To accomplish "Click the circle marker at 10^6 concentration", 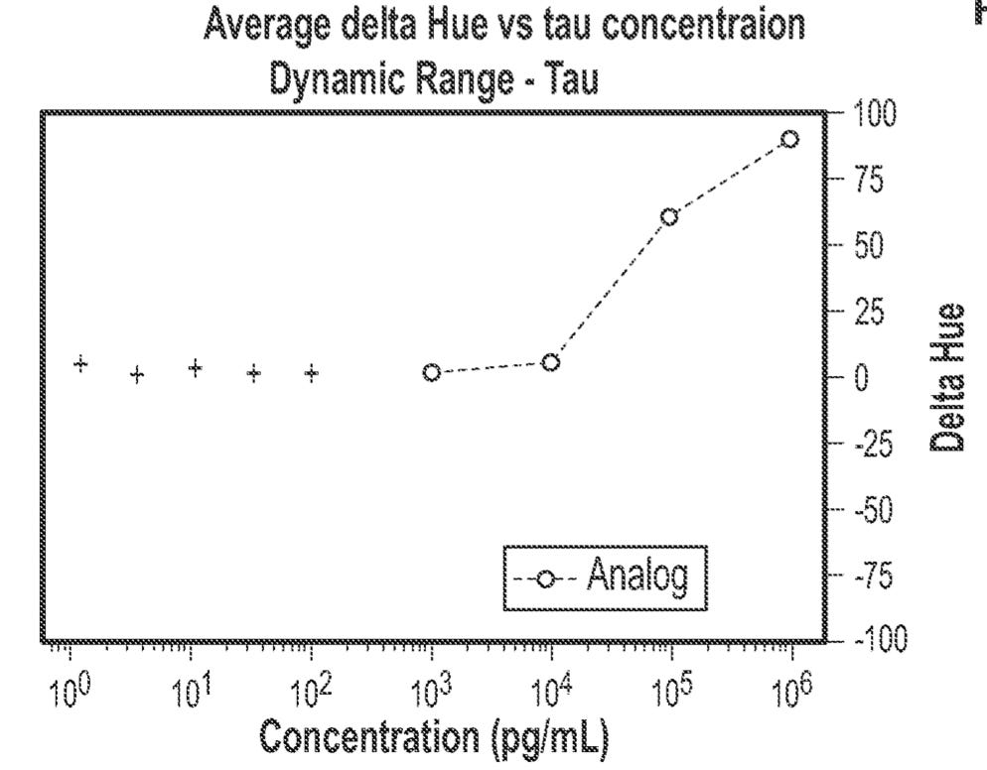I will (x=789, y=139).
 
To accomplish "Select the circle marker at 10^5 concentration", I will (x=669, y=216).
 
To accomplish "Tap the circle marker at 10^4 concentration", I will (x=550, y=363).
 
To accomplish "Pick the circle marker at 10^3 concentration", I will (x=431, y=373).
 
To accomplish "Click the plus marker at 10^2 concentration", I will (x=312, y=373).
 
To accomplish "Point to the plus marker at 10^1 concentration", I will (x=196, y=368).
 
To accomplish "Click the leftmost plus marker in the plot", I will (x=81, y=364).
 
